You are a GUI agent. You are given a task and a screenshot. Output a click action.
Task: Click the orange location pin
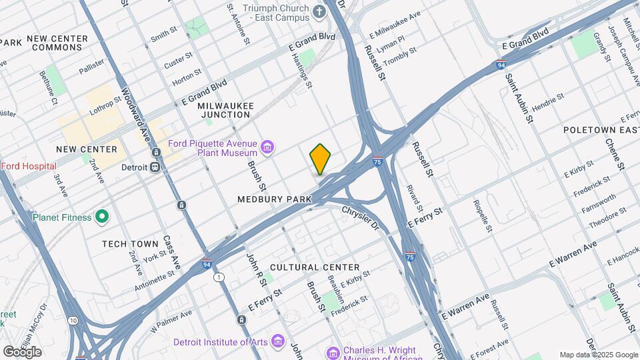coord(320,159)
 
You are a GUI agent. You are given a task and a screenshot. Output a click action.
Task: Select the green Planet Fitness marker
coord(101,216)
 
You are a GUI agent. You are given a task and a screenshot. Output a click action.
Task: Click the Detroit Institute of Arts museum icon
coord(279,342)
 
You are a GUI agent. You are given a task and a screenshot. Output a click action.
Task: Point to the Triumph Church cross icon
coord(319,11)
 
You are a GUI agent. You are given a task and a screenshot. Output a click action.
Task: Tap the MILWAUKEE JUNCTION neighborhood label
coord(223,110)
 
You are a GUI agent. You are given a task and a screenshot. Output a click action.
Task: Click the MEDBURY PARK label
coord(265,199)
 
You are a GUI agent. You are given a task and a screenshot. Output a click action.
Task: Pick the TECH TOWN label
coord(130,244)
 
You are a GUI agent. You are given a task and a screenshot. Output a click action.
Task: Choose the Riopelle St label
coord(482,215)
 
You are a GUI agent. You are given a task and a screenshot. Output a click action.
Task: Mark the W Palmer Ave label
coord(171,320)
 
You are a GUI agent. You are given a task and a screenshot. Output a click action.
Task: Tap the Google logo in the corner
coord(22,351)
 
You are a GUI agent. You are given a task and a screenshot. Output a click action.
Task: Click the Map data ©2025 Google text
coord(599,355)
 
